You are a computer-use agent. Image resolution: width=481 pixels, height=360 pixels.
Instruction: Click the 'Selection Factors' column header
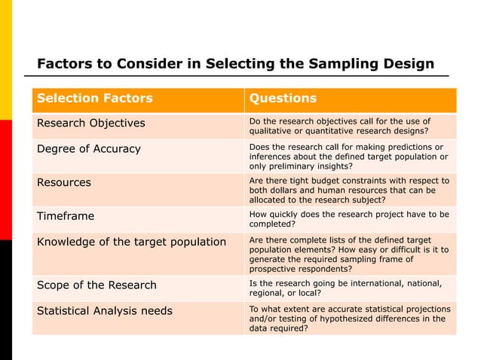(x=95, y=99)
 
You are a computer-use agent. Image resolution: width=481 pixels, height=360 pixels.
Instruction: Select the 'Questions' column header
(x=283, y=99)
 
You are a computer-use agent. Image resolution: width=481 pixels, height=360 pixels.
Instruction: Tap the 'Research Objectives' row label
(x=91, y=124)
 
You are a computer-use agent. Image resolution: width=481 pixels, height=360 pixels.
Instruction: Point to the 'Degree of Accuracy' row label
(x=89, y=148)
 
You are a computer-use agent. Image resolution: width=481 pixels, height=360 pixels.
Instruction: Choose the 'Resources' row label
(x=64, y=182)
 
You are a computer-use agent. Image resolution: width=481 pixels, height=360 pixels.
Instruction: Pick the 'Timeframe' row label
(x=66, y=216)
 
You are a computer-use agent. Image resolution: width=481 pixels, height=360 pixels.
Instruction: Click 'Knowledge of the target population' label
(x=132, y=242)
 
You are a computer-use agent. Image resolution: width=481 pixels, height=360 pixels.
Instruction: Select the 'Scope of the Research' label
(x=97, y=285)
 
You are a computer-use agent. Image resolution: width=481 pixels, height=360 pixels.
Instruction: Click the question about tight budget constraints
(x=349, y=191)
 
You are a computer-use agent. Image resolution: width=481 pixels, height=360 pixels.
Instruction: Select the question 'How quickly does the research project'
(x=349, y=219)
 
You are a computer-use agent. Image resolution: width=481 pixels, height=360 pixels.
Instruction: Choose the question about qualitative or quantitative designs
(x=340, y=126)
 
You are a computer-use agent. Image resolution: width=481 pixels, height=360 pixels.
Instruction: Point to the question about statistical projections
(x=350, y=319)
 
